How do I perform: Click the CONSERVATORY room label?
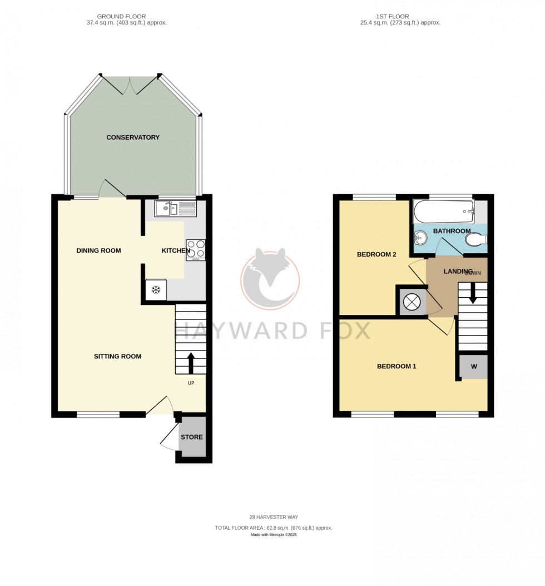[133, 137]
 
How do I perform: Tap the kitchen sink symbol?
[175, 209]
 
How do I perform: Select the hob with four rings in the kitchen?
[196, 249]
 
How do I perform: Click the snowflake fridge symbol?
[156, 290]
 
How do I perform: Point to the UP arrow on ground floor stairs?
[191, 362]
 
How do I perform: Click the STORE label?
[191, 437]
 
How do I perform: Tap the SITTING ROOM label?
[117, 356]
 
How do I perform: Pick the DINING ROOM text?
[98, 250]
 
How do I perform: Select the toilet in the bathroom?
[476, 240]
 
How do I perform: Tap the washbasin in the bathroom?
[421, 238]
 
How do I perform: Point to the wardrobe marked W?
[474, 367]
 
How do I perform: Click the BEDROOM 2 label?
[376, 255]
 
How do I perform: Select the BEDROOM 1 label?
[397, 366]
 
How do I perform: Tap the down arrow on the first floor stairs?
[473, 293]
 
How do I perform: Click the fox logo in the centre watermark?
[270, 278]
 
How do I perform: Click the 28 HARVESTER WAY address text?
[273, 517]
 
